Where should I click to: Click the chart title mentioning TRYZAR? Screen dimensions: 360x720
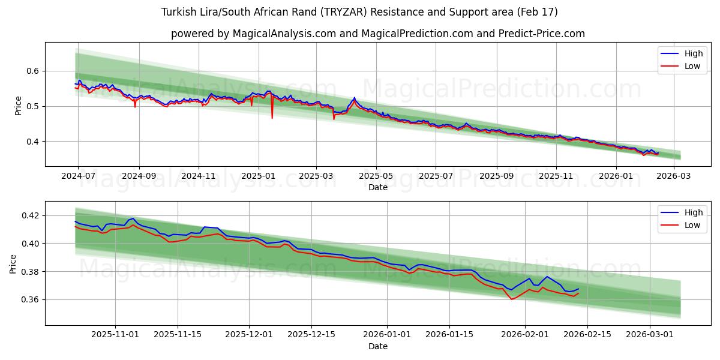click(359, 12)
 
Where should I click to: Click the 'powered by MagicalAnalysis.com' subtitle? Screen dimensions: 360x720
click(377, 34)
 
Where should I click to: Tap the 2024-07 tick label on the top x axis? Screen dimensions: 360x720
click(78, 176)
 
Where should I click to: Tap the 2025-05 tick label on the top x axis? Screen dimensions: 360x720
click(376, 176)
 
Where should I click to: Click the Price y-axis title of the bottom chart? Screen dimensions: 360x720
click(13, 263)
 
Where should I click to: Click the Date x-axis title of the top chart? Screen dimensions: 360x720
click(377, 187)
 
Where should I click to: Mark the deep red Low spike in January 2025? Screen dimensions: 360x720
click(272, 117)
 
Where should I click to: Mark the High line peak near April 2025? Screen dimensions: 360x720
click(354, 98)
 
